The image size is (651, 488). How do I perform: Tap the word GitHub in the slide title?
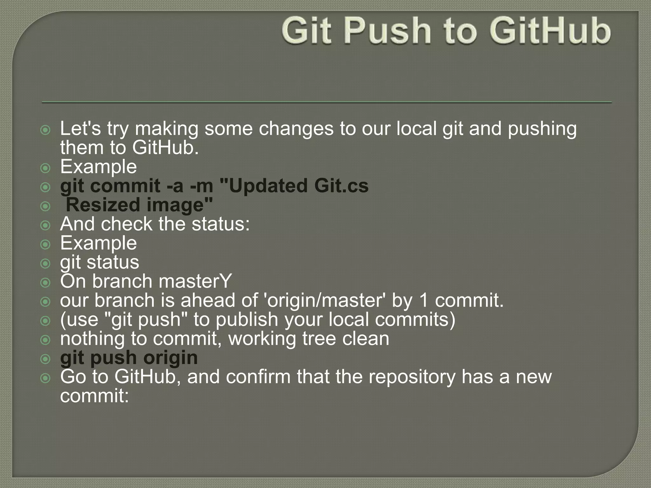550,31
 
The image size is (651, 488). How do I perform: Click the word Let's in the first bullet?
80,129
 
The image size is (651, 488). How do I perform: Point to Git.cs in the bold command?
342,186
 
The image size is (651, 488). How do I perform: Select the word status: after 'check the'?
221,224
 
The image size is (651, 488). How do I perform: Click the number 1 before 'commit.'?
424,301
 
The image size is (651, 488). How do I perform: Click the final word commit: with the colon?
94,396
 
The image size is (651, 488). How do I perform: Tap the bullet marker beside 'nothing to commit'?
46,340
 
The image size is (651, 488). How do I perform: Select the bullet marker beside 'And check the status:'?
46,225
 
